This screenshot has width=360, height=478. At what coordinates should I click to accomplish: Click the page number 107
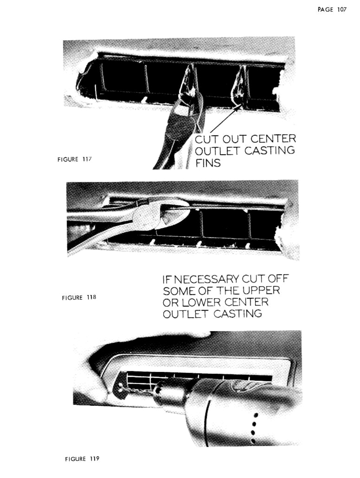(341, 10)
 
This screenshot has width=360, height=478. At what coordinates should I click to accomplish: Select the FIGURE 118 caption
(79, 298)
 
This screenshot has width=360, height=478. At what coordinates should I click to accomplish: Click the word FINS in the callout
(208, 163)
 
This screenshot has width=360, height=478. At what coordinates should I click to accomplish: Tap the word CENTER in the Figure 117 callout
(273, 139)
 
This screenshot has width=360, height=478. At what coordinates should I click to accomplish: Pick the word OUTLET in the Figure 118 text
(186, 314)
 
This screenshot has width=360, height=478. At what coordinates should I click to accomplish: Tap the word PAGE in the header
(326, 10)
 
